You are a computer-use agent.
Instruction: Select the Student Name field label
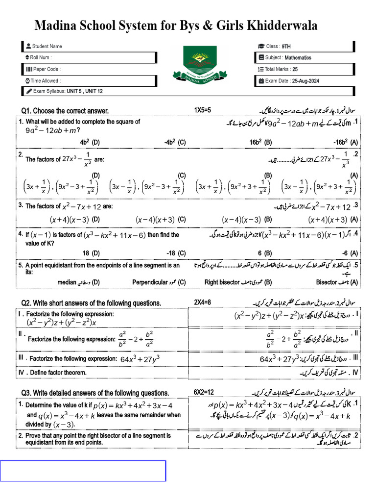(x=47, y=47)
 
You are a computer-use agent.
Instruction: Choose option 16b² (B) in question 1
(x=260, y=142)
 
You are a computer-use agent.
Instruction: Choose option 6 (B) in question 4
(x=264, y=253)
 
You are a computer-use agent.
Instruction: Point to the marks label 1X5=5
(x=203, y=110)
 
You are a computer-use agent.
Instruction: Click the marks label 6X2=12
(x=204, y=392)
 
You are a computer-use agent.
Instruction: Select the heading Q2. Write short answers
(x=91, y=303)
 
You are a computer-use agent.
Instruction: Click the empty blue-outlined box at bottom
(x=83, y=471)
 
